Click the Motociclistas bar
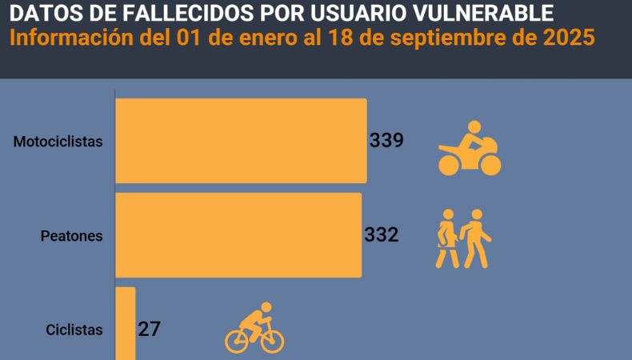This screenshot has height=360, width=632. (x=241, y=141)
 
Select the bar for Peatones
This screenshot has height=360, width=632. (x=238, y=235)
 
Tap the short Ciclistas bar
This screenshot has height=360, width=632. (x=126, y=324)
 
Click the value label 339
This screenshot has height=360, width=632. (x=386, y=141)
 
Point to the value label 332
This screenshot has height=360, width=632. (x=381, y=235)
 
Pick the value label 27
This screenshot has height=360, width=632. (x=149, y=329)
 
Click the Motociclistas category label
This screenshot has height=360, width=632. (x=58, y=142)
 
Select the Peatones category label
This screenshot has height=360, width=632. (x=72, y=236)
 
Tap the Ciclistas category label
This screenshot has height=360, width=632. (x=74, y=330)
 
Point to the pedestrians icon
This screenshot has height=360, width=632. (x=463, y=238)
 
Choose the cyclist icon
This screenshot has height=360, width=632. (x=254, y=329)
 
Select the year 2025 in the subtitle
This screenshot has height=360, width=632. (x=569, y=38)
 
